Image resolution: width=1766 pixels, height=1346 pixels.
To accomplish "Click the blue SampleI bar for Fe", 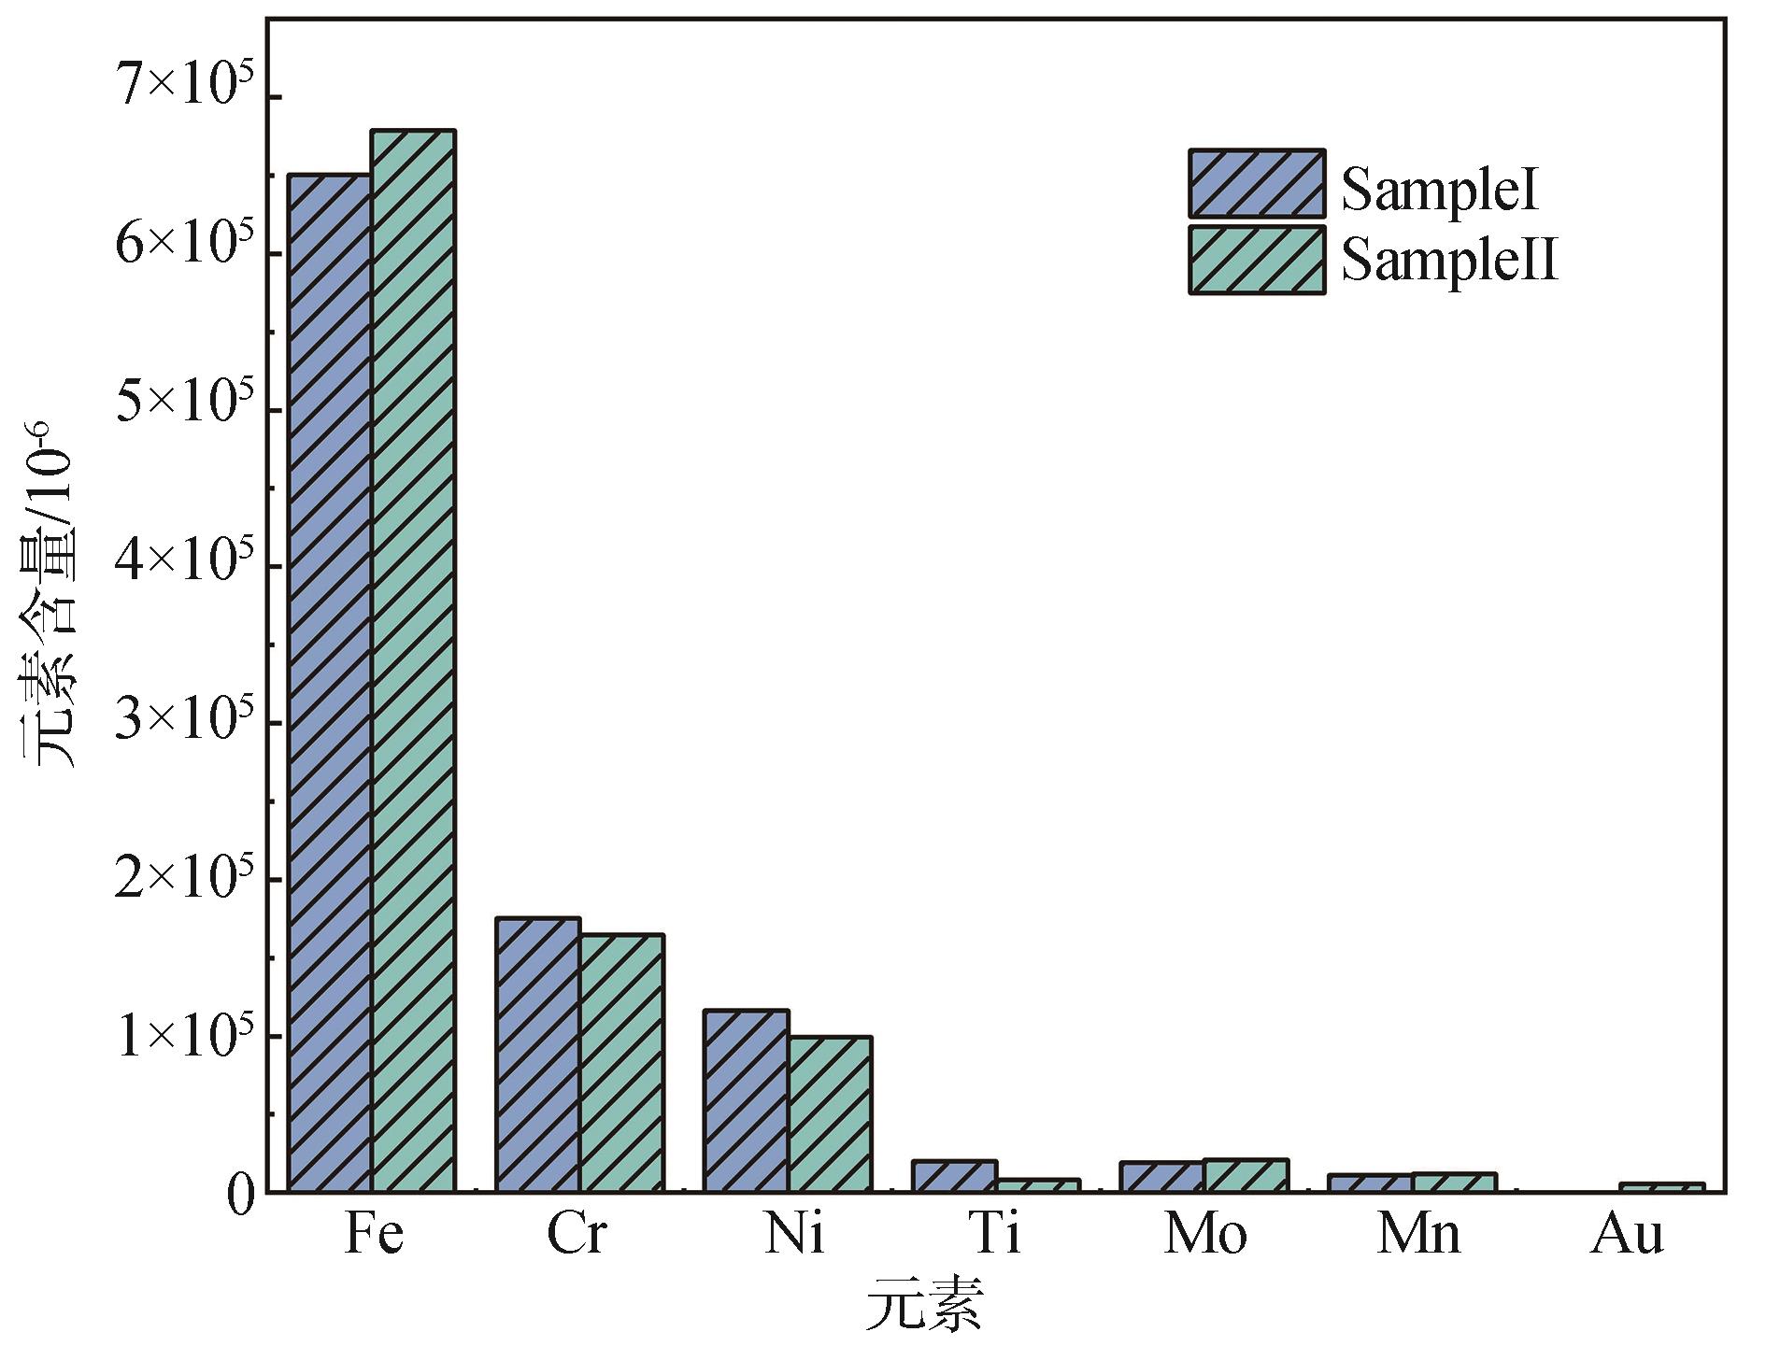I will (330, 682).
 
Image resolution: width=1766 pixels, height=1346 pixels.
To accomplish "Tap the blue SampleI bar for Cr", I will (537, 1055).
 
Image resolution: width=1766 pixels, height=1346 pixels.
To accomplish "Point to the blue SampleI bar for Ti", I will (954, 1176).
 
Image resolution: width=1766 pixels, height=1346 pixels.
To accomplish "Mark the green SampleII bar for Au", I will (1662, 1187).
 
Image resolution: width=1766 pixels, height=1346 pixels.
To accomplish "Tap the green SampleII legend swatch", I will (1257, 261).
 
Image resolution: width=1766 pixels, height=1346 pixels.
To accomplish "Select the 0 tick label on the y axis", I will (240, 1197).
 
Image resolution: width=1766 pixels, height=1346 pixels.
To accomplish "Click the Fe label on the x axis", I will (374, 1234).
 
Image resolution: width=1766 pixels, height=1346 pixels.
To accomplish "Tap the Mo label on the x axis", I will (1205, 1234).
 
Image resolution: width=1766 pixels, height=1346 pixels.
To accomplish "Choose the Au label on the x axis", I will (1627, 1234).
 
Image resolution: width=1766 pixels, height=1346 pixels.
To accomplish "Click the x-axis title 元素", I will (924, 1307).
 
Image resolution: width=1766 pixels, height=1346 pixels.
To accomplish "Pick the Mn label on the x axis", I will (1418, 1234).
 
